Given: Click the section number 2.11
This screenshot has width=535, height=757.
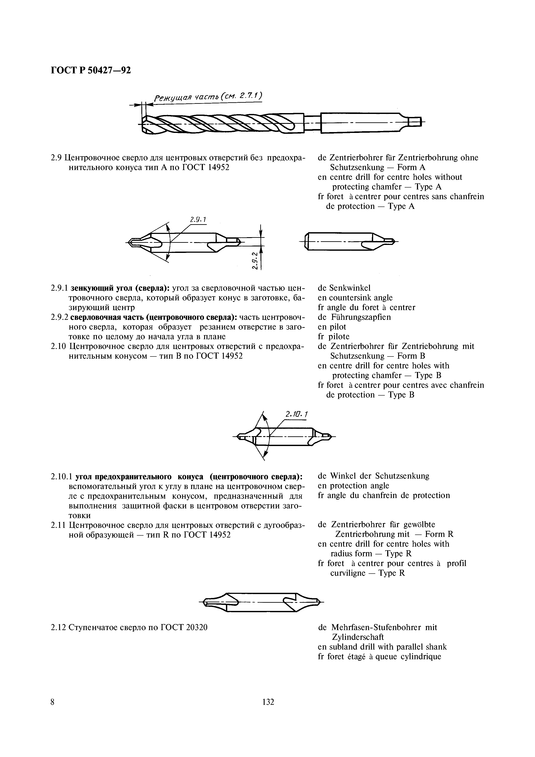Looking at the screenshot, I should (x=59, y=525).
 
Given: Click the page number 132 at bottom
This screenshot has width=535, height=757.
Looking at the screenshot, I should (x=268, y=711).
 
